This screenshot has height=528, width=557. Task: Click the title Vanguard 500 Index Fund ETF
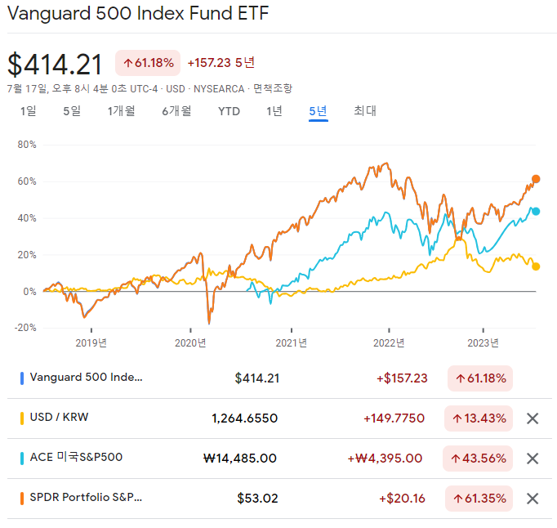[137, 14]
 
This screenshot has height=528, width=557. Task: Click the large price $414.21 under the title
[56, 65]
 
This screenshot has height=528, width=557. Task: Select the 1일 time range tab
[29, 111]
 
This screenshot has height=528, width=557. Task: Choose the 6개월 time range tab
[176, 111]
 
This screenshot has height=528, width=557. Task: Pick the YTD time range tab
[229, 111]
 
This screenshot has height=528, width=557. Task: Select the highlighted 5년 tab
[318, 111]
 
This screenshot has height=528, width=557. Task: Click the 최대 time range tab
[365, 111]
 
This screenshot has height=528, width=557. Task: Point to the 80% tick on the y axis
[27, 145]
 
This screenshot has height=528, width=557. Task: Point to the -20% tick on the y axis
[25, 328]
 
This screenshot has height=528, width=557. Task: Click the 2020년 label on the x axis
[191, 343]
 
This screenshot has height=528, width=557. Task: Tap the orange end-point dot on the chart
[537, 179]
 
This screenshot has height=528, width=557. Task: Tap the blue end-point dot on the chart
[537, 211]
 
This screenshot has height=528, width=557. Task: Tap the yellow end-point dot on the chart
[536, 266]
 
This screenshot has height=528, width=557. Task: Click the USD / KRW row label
[59, 418]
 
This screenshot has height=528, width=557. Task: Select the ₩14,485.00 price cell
[239, 459]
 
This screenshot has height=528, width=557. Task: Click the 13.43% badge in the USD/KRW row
[478, 418]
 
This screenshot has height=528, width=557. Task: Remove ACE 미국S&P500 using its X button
[532, 459]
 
